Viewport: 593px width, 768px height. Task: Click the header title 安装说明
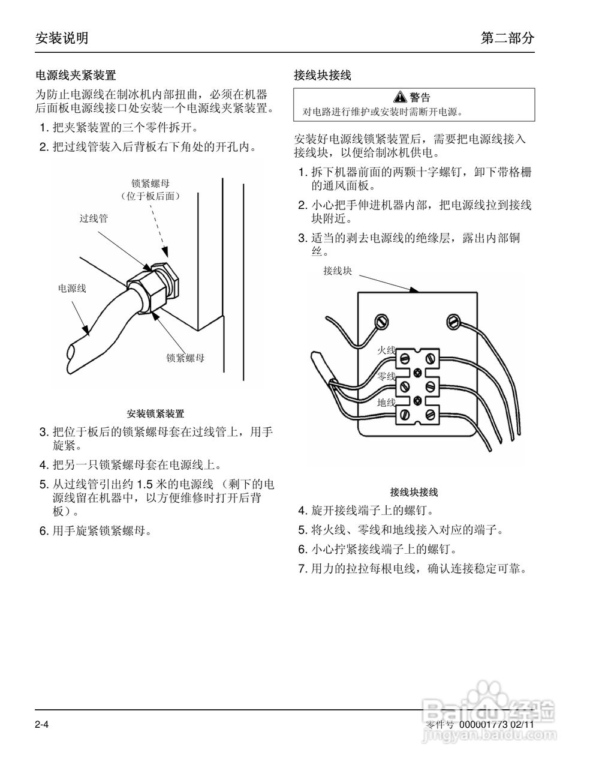click(x=62, y=38)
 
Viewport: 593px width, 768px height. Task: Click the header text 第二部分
click(x=507, y=38)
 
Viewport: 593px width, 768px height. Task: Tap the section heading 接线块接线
click(x=323, y=76)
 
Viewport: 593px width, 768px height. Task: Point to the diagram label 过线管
click(x=94, y=219)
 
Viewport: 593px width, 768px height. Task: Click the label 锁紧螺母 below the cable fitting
click(x=185, y=358)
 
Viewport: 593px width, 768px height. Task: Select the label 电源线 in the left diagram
click(x=72, y=289)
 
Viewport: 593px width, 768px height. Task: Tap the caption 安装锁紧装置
click(x=155, y=414)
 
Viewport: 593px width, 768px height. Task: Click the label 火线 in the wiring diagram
click(x=386, y=350)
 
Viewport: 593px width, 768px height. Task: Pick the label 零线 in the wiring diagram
click(x=386, y=376)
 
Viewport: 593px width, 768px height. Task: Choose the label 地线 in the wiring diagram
click(x=386, y=403)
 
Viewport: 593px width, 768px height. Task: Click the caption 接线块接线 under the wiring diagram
click(x=414, y=493)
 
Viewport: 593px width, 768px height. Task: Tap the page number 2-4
click(x=41, y=725)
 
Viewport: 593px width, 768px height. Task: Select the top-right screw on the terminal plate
click(x=453, y=322)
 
